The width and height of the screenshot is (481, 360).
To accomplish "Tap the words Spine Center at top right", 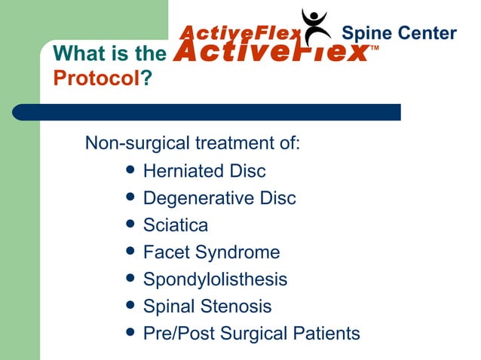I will (x=399, y=33).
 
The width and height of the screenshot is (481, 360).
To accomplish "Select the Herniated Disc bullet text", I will (x=204, y=172).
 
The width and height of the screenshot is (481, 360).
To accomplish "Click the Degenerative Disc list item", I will (x=219, y=199).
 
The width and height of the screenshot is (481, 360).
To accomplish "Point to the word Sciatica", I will (x=176, y=225).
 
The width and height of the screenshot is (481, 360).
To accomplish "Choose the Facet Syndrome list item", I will (x=211, y=252).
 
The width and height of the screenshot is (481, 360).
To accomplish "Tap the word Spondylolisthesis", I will (x=215, y=279).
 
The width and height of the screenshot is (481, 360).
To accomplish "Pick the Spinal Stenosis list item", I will (x=207, y=307).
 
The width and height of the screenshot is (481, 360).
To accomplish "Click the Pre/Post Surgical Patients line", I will (x=251, y=334).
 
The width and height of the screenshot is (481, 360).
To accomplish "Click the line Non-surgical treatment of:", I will (x=193, y=142).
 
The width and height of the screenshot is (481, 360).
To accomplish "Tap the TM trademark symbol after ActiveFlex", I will (x=375, y=49).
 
